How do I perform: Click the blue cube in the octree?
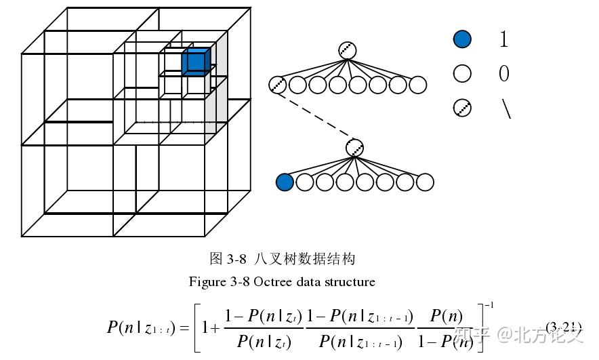click(196, 62)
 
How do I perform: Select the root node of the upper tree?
click(348, 50)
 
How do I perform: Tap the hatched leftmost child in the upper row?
click(277, 85)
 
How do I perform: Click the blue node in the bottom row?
click(285, 182)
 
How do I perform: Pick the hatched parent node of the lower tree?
click(354, 147)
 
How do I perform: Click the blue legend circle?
click(462, 39)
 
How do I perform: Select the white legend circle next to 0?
click(462, 73)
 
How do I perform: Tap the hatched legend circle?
click(462, 107)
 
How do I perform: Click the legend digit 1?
click(503, 39)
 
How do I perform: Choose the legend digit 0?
click(503, 73)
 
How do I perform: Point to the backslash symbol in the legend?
click(505, 108)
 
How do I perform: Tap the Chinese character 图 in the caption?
click(216, 258)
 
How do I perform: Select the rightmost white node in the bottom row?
click(425, 182)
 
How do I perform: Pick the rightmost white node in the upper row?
click(418, 85)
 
